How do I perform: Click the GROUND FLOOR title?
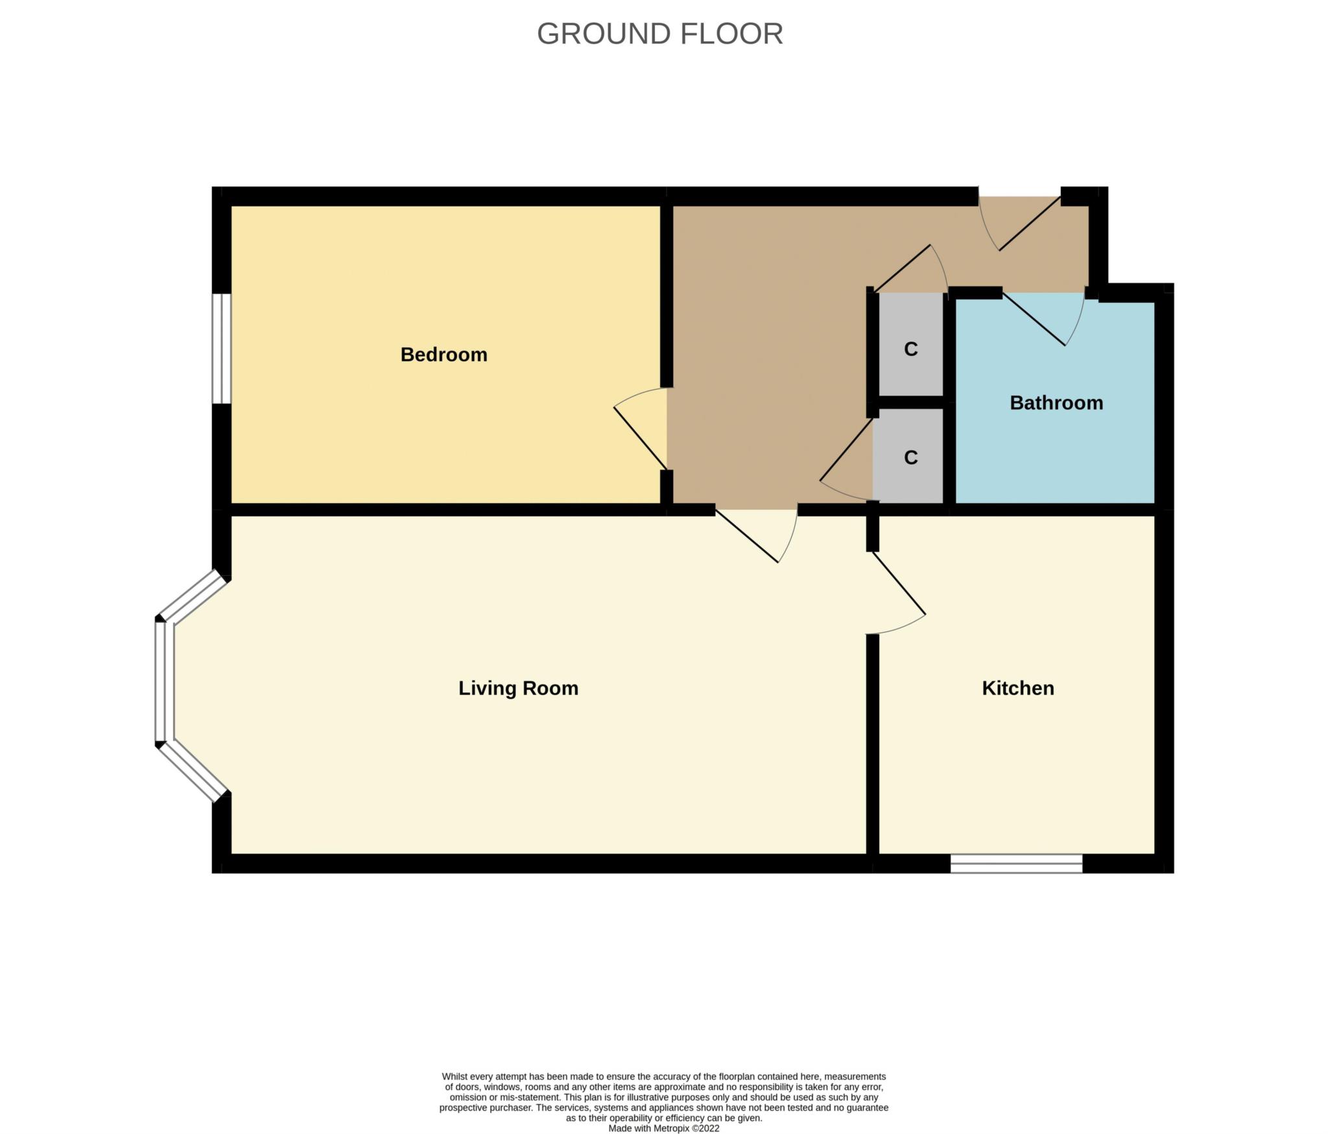(x=659, y=34)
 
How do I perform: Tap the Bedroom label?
(x=444, y=355)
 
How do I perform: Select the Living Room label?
(x=518, y=689)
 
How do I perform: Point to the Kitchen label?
(x=1018, y=688)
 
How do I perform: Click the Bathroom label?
(x=1056, y=403)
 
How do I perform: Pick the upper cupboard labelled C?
(x=910, y=344)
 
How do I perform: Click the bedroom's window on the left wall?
(x=222, y=349)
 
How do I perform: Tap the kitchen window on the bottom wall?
(x=1016, y=863)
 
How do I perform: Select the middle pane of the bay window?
(x=165, y=681)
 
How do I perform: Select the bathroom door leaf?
(x=1034, y=319)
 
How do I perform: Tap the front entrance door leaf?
(x=1030, y=224)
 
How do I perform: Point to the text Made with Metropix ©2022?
(x=663, y=1128)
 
